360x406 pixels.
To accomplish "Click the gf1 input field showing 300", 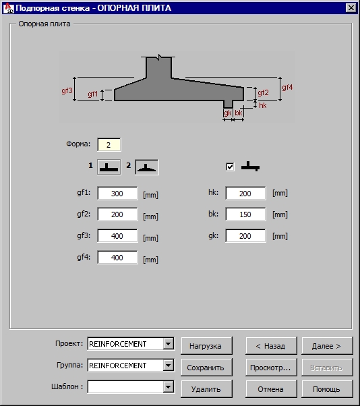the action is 117,193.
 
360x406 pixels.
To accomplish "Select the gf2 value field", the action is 117,214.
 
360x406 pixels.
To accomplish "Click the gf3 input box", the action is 117,236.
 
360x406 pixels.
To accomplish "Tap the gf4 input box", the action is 117,258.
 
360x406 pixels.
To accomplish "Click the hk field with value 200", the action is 245,193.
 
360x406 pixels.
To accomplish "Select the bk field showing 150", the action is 245,214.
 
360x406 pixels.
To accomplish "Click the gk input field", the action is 245,236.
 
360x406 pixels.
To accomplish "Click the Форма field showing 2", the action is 109,145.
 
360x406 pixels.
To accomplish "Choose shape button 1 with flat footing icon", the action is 109,167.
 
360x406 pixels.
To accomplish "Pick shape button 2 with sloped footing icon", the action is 147,167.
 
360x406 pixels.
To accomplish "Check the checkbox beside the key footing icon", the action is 230,167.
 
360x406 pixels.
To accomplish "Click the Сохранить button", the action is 206,368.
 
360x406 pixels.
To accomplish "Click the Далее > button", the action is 327,346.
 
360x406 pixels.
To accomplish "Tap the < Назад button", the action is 271,346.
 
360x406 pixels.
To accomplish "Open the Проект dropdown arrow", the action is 169,344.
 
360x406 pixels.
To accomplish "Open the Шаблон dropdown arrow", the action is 169,387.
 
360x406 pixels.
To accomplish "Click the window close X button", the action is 351,8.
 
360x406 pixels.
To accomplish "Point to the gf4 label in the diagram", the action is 287,87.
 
